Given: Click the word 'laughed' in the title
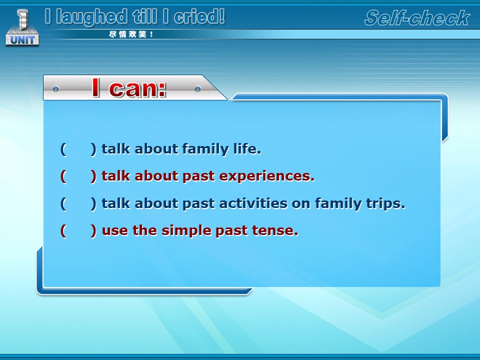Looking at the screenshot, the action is coord(91,17).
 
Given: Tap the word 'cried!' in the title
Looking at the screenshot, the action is coord(199,16).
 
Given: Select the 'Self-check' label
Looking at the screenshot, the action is coord(417,18).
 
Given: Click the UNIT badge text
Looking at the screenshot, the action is coord(22,40).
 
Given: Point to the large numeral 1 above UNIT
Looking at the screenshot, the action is coord(22,19).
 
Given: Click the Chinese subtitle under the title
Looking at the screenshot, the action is coord(131,34).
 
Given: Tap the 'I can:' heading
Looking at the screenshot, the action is coord(129,88).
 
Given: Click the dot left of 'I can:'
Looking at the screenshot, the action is coord(55,89).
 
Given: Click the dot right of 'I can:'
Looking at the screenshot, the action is coord(198,89).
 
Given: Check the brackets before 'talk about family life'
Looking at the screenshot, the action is coord(78,149).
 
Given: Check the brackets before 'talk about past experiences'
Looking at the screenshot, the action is coord(78,176).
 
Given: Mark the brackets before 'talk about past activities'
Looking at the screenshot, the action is coord(78,203).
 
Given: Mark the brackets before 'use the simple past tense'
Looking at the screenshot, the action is coord(78,231).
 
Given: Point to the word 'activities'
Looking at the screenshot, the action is coord(253,203).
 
